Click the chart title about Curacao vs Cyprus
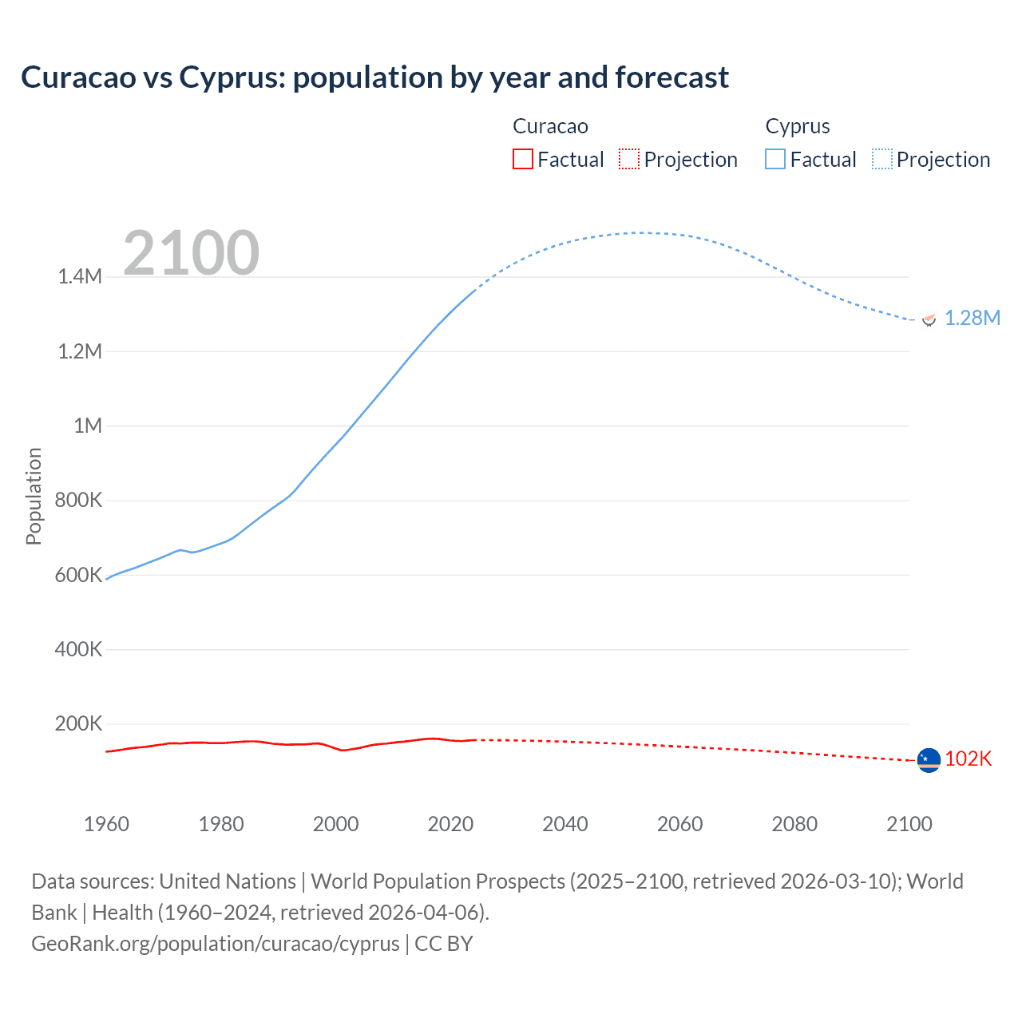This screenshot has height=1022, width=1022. (x=374, y=77)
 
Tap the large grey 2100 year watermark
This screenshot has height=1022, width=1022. (x=191, y=253)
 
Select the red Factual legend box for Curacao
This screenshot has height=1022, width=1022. (x=522, y=159)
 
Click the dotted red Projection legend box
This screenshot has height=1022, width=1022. (x=629, y=159)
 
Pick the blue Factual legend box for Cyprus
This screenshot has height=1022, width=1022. (x=775, y=159)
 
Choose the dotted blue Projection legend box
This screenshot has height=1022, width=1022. (x=882, y=159)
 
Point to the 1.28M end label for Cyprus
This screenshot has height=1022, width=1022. (x=972, y=318)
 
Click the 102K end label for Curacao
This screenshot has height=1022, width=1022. (x=968, y=759)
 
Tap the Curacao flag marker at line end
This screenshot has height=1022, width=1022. (x=929, y=761)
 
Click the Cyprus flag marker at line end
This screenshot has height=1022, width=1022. (x=929, y=319)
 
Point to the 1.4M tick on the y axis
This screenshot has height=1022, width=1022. (x=80, y=277)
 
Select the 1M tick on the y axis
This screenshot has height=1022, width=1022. (x=88, y=426)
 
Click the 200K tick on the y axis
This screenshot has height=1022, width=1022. (x=78, y=724)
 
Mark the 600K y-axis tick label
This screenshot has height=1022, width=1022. (x=78, y=575)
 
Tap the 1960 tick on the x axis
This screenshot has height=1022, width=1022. (x=106, y=824)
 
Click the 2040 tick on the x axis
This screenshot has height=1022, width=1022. (x=565, y=824)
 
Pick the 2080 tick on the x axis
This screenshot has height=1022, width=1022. (x=794, y=824)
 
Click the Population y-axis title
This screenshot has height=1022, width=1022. (x=34, y=496)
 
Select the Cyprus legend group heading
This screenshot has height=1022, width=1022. (x=798, y=126)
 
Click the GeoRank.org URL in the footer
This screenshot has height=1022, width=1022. (x=216, y=944)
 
